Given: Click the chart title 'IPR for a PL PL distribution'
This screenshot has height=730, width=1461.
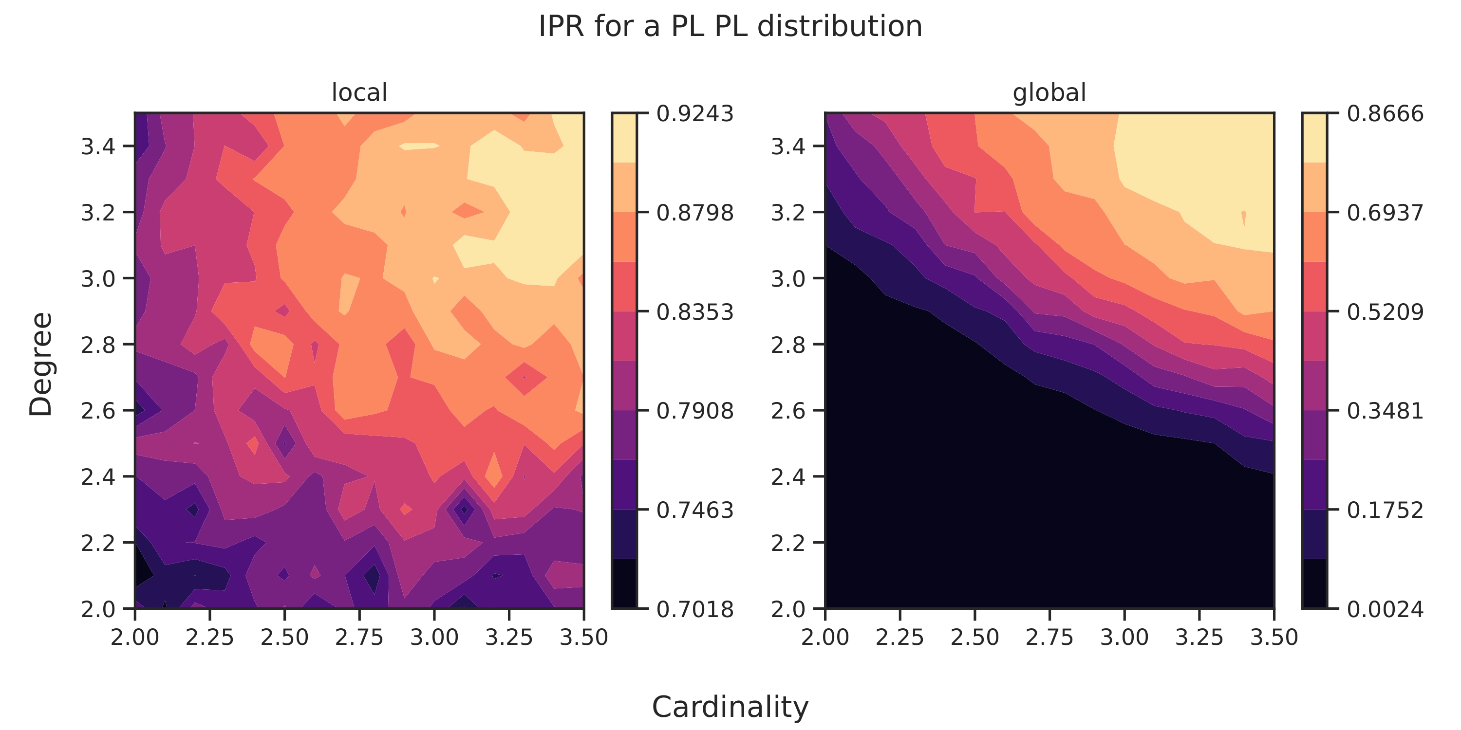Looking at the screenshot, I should coord(730,26).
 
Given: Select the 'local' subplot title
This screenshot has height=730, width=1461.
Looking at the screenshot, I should coord(359,92).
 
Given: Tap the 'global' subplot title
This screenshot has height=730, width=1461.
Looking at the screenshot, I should coord(1049,92).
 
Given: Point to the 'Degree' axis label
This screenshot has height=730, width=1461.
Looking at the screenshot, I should coord(41,365).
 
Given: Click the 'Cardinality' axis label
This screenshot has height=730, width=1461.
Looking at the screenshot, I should coord(730,707).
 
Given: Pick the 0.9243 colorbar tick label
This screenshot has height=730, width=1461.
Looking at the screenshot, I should coord(695,114).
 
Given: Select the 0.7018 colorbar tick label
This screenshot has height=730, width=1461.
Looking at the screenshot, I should coord(695,610).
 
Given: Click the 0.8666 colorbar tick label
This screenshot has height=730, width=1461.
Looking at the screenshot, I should coord(1385,114).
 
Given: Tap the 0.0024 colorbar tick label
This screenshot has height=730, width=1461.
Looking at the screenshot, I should coord(1385,610).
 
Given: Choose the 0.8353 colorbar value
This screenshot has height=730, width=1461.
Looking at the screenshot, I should coord(695,312).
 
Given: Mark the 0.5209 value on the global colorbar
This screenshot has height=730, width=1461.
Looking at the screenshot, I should coord(1385,312).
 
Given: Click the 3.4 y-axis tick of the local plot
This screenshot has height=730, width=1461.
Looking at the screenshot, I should coord(98,147).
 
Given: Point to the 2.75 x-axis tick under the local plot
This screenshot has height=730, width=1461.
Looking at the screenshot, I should coord(359,638).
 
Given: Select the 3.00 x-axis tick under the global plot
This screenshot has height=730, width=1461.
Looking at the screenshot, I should coord(1124,638).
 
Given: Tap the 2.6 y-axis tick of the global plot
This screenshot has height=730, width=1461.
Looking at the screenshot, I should coord(788,411).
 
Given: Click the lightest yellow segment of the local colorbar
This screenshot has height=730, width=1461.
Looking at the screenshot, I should coord(624,138).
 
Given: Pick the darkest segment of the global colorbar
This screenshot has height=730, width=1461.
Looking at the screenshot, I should coord(1314,584).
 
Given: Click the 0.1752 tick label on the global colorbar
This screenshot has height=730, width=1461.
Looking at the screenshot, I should coord(1385,511).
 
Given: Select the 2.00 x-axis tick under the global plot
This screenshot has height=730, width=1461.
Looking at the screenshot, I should coord(824,638).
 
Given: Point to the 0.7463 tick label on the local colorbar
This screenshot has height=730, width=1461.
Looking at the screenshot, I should coord(695,511).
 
